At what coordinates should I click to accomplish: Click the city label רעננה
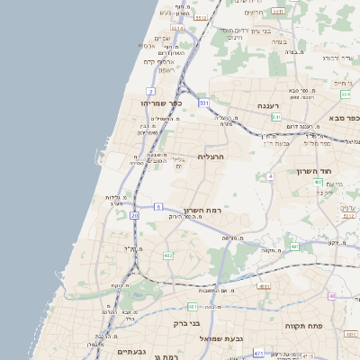[x=268, y=105]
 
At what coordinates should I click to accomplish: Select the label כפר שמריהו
[x=162, y=103]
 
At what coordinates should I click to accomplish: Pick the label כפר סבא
[x=342, y=118]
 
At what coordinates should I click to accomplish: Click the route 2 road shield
[x=150, y=91]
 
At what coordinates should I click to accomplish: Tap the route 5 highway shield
[x=157, y=207]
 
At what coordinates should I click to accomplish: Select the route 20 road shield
[x=135, y=216]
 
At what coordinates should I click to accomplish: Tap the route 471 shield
[x=258, y=354]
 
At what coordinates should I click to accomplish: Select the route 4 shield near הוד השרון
[x=269, y=175]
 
